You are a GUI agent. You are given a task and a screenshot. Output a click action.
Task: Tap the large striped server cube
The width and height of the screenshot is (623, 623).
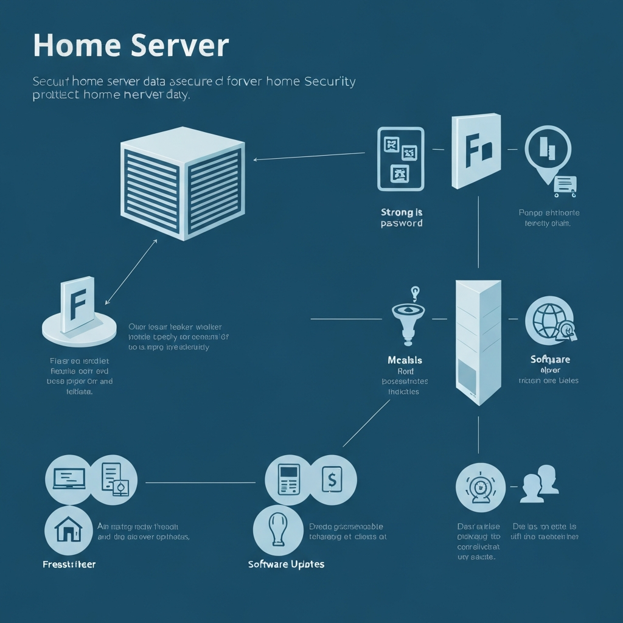pos(183,183)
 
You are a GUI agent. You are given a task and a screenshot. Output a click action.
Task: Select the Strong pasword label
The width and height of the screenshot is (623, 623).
pos(402,218)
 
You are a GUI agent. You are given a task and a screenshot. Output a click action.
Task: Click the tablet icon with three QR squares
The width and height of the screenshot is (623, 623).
pos(400,158)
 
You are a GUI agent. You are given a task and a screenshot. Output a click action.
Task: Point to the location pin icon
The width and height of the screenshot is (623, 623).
pos(548,152)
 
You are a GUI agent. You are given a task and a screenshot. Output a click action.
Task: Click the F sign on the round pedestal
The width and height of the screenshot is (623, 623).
pos(78,304)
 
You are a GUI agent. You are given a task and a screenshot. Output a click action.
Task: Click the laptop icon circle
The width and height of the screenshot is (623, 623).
pos(69,478)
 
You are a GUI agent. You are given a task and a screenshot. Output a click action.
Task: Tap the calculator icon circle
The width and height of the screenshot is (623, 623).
pos(289,479)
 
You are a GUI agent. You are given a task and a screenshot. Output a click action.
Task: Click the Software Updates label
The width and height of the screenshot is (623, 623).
pos(286,564)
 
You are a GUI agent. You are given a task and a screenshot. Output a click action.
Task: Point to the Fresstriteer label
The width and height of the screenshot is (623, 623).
pos(69,564)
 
